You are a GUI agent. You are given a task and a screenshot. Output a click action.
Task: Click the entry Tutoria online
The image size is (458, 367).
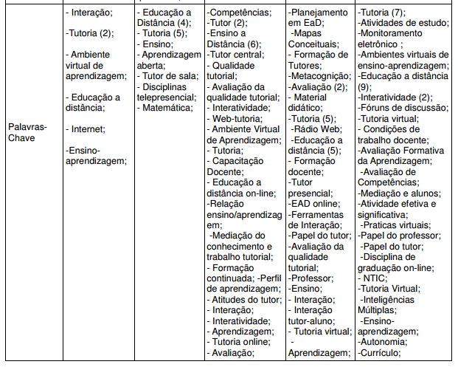point(240,342)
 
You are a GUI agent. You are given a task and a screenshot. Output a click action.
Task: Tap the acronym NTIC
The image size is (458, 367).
point(375,278)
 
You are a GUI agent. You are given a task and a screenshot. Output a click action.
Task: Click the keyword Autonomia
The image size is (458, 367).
point(384,342)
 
